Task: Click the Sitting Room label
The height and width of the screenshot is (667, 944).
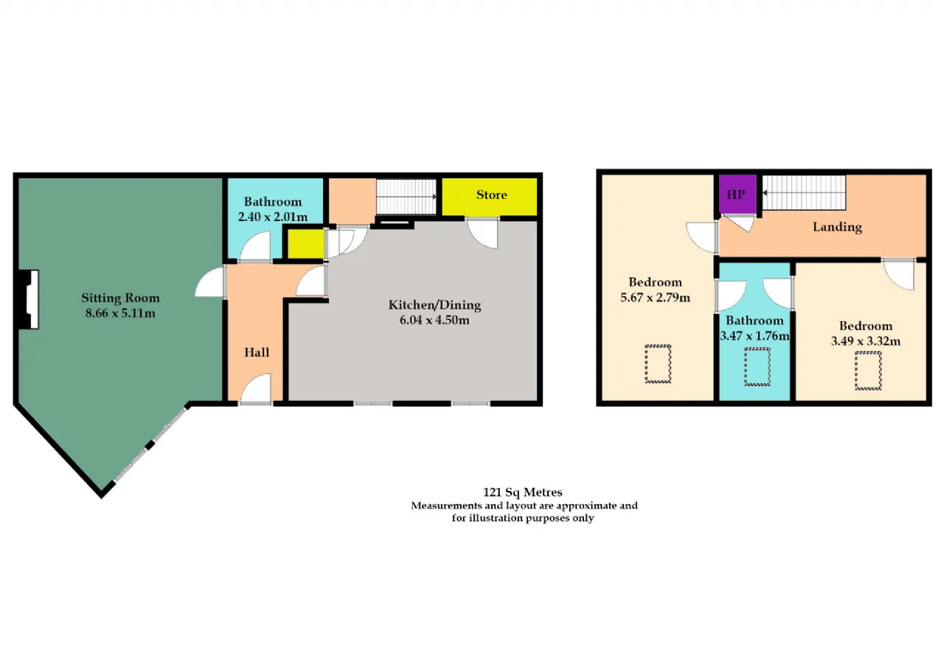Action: (120, 298)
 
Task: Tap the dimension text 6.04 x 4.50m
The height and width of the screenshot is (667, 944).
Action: (434, 320)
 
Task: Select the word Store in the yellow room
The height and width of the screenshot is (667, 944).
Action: (491, 195)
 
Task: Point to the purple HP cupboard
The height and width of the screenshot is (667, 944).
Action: (737, 194)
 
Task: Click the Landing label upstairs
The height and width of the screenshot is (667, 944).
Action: (837, 227)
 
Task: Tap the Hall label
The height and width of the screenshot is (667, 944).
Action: (257, 352)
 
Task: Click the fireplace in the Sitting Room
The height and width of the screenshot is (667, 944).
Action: (29, 299)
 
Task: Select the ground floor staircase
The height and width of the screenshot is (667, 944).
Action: (406, 197)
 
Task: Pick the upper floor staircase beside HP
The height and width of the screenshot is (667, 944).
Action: (804, 192)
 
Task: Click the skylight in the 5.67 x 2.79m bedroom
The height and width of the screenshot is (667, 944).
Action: (658, 364)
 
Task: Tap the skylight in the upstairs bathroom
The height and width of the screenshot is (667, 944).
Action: (757, 366)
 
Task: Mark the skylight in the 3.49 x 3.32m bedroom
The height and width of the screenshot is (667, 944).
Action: (868, 371)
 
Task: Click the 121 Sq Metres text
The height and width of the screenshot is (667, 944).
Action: (523, 492)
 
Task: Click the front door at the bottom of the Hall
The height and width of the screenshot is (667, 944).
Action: (256, 388)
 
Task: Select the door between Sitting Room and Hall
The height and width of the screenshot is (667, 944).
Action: (211, 282)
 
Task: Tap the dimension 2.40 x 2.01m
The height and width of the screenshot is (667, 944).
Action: (273, 217)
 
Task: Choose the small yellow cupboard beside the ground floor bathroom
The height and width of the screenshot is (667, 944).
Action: (305, 243)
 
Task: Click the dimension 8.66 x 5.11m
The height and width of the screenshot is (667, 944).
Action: (120, 313)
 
